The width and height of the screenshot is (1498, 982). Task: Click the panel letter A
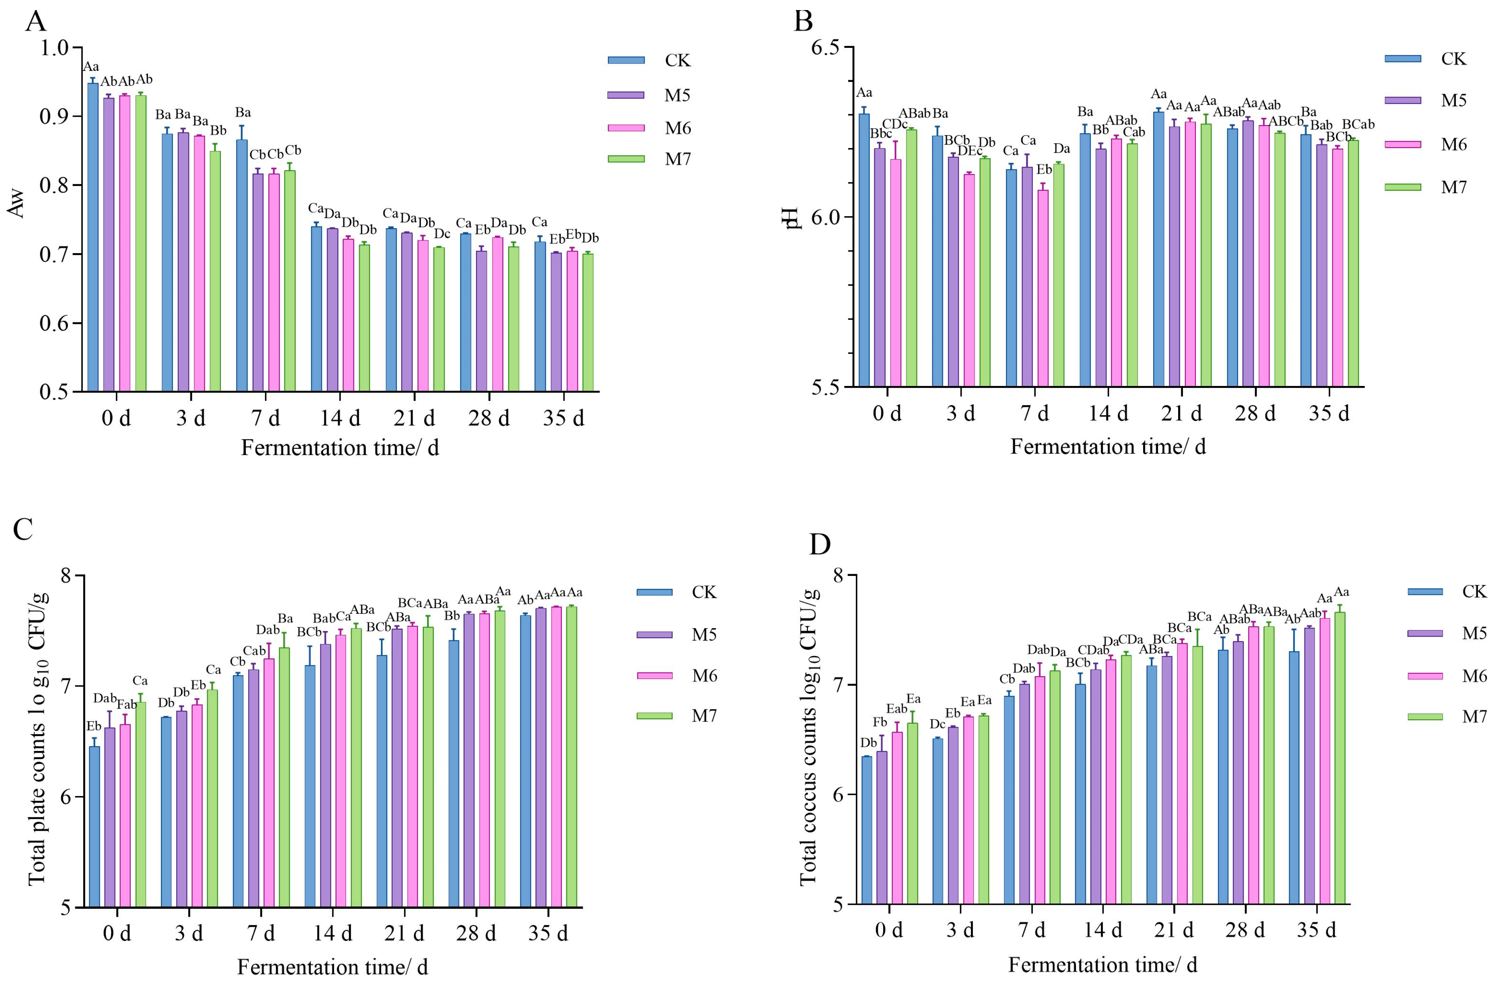36,22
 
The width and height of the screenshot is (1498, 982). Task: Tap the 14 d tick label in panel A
340,417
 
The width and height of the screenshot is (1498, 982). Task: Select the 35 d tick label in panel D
1316,930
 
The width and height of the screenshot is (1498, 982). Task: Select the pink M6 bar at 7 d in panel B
1043,288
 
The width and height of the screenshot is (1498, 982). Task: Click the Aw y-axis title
17,203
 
